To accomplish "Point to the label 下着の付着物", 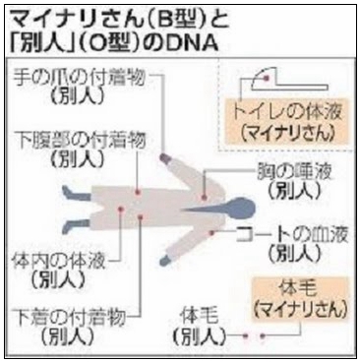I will coord(69,317).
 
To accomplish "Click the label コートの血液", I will coord(294,236).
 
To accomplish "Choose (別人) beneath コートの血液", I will coord(296,255).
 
